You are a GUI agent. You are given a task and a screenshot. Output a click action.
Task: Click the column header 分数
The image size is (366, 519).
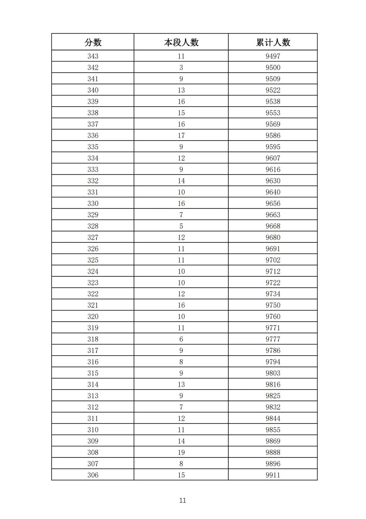point(93,42)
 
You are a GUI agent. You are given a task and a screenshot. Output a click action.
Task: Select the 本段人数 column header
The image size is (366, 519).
point(181,42)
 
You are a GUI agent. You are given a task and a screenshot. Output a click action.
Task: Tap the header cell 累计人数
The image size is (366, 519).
point(273,42)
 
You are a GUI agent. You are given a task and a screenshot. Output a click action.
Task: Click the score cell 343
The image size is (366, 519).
point(93,56)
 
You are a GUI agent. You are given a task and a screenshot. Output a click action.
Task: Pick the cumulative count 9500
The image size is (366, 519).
point(273,68)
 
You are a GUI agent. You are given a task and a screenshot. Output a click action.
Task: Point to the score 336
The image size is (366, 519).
point(93,136)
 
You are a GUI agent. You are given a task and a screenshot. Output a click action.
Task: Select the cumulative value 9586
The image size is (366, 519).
point(273,136)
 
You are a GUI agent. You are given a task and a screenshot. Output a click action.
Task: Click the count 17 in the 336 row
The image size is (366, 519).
point(181,136)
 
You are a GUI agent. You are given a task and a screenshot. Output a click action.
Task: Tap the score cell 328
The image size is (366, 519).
point(93,226)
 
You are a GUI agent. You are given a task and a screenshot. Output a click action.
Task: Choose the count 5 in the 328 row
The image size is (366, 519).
point(181,226)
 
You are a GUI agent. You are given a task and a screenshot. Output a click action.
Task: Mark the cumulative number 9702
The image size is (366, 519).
point(273,260)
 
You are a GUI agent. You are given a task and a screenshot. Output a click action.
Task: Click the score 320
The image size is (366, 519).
point(93,317)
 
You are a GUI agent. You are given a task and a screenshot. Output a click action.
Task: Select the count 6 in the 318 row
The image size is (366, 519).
point(181,339)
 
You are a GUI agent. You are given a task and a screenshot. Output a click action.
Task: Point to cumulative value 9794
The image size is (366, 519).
point(273,362)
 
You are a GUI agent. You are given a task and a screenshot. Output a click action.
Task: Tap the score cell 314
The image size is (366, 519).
point(93,384)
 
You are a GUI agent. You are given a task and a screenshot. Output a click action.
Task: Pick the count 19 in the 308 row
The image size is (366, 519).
point(181,452)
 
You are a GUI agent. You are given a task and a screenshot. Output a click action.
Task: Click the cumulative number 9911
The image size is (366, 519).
point(273,475)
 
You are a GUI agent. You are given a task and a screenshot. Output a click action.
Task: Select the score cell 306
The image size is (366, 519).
point(93,475)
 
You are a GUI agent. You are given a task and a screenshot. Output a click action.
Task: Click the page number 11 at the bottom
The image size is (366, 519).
point(183,500)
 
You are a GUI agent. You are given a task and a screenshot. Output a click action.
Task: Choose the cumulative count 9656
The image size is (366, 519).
point(273,203)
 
